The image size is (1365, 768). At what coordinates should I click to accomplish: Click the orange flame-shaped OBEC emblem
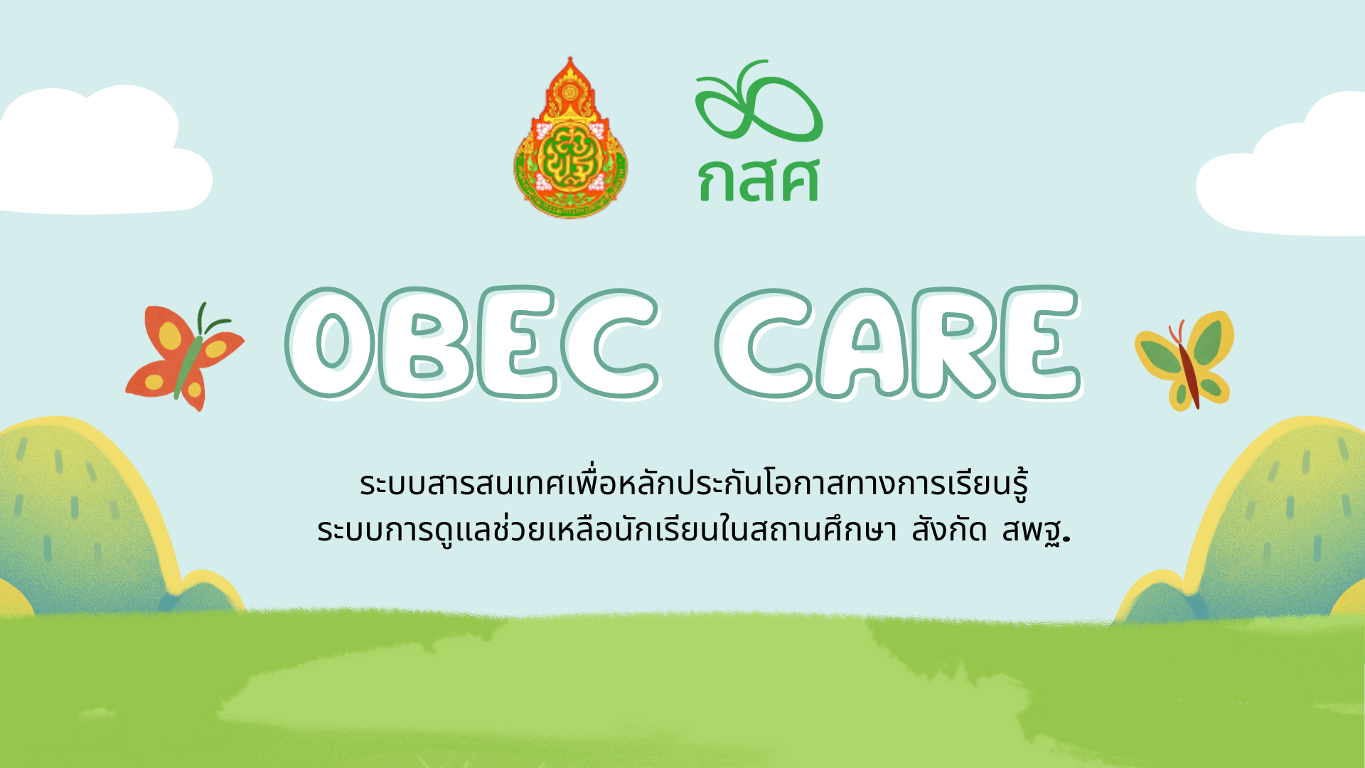570,142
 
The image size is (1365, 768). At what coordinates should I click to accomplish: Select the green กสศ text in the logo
759,181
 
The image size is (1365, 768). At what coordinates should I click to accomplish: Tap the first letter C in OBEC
610,342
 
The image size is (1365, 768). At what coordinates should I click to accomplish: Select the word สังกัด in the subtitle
950,530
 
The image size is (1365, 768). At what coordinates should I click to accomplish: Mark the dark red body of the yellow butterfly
1190,373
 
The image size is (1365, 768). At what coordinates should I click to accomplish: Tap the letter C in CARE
764,343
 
